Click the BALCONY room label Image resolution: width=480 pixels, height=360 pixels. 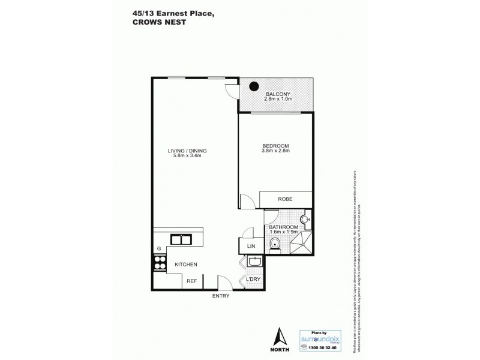[279, 94]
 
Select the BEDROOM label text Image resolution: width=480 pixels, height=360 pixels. [275, 146]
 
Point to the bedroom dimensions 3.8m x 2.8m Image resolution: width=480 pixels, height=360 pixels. [275, 151]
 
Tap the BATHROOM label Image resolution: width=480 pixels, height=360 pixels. [283, 227]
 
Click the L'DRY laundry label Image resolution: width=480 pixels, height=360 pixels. [253, 279]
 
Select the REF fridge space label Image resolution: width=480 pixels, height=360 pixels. [191, 281]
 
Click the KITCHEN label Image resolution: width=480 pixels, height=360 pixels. [186, 264]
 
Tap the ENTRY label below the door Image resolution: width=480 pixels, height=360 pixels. [220, 296]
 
